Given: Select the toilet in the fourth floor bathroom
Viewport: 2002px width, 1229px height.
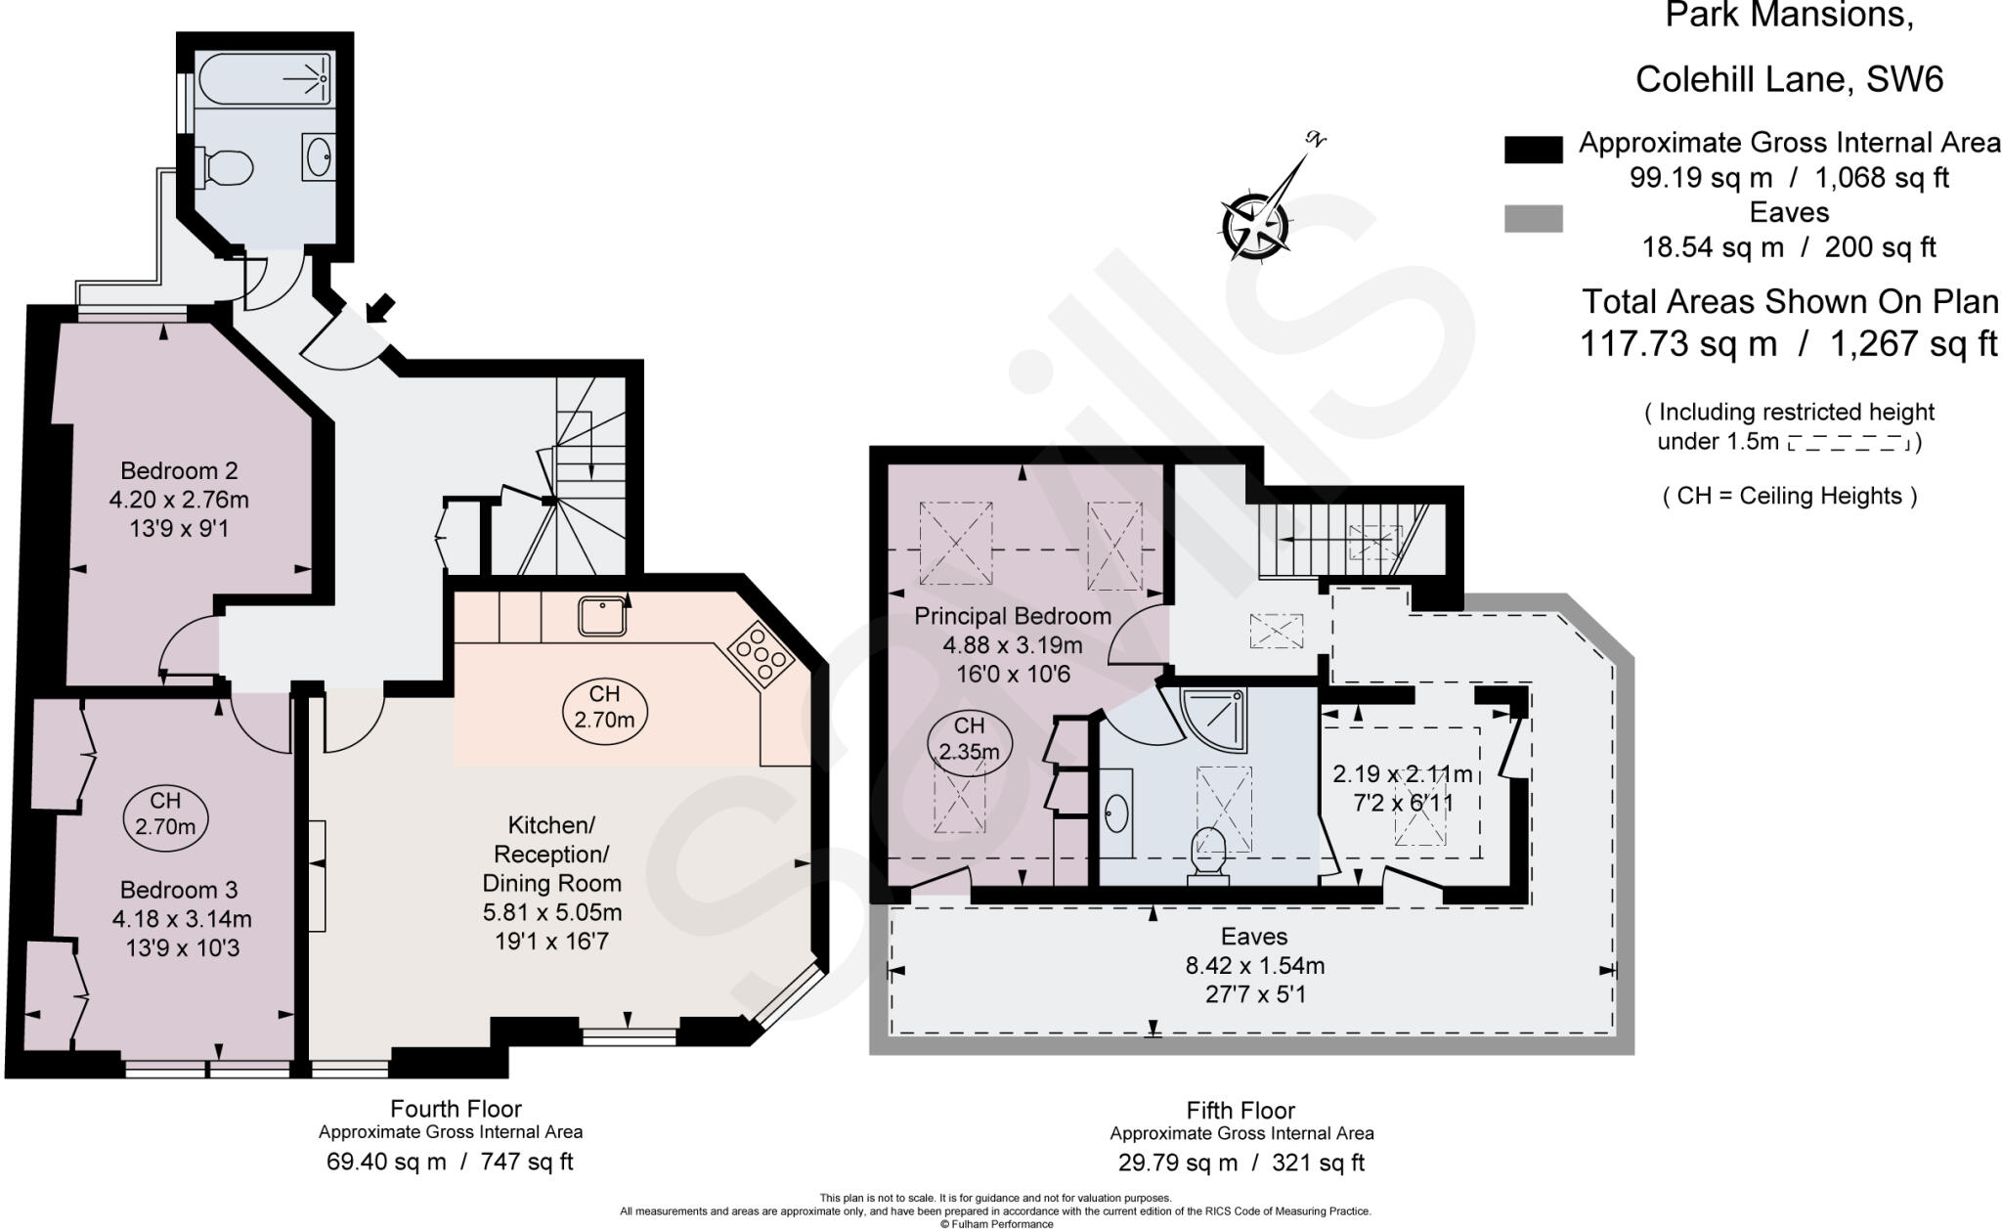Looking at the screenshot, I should point(226,168).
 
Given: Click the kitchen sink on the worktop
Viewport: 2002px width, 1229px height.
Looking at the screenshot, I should point(602,617).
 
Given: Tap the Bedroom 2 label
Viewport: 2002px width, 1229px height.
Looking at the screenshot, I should point(179,470).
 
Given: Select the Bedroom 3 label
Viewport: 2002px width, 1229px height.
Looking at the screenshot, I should point(179,890).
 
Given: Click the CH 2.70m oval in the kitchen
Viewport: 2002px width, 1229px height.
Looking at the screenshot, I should point(605,707).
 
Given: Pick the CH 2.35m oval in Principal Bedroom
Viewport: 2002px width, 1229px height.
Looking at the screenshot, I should point(969,739).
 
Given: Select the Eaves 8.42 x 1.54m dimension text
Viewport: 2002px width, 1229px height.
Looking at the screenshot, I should point(1255,966).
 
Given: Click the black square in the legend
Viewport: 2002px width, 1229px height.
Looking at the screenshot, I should point(1533,150).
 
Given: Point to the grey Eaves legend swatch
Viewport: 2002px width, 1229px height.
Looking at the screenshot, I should point(1533,218).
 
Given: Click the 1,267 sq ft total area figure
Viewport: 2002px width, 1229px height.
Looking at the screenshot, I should point(1913,344).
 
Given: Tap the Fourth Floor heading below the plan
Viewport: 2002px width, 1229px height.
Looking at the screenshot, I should point(456,1109).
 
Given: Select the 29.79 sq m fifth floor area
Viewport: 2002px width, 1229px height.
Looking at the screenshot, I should point(1177,1163).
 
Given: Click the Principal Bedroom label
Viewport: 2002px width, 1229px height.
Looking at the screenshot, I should point(1012,616).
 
